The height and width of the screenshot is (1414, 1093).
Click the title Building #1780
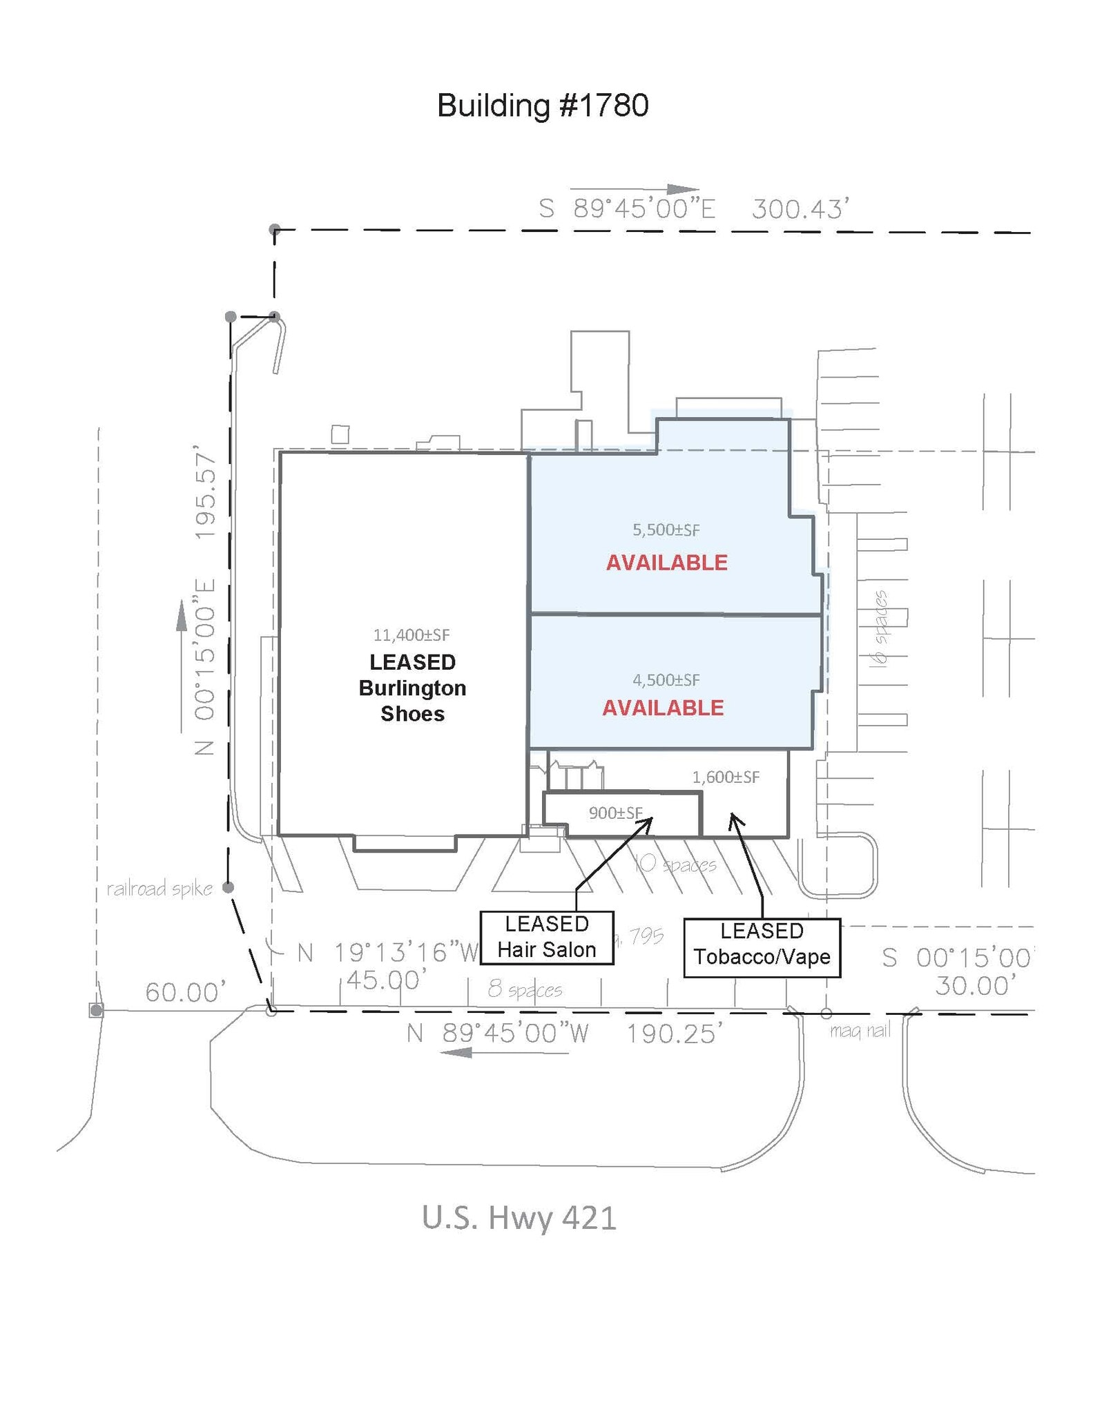pos(543,106)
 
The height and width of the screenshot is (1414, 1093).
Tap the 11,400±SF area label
pos(412,635)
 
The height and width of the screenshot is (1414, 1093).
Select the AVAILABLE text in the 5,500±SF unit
pos(667,563)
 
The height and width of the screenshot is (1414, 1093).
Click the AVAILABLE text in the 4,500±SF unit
pos(663,708)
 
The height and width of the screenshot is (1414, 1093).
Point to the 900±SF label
pos(615,813)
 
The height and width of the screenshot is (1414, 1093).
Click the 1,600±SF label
pos(726,777)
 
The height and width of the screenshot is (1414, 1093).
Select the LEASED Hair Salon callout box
pos(547,938)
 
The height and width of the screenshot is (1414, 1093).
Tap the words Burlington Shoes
pos(412,701)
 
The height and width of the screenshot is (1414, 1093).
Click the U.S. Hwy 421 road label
pos(519,1218)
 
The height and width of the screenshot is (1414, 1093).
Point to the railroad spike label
pos(159,889)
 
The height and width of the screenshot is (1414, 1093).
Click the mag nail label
pos(860,1031)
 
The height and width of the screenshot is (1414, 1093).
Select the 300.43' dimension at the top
pos(800,209)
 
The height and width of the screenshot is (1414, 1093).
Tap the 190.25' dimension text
pos(675,1034)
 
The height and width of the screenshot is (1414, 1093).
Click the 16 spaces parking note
pos(879,628)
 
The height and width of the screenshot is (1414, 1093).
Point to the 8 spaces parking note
pos(525,989)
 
